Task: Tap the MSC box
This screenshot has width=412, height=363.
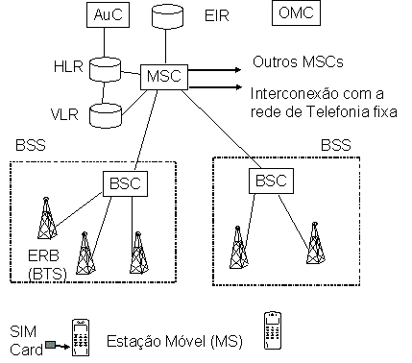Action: [x=162, y=76]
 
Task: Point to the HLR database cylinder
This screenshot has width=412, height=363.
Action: [x=105, y=68]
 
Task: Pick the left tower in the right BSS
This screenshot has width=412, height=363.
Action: [x=236, y=247]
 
